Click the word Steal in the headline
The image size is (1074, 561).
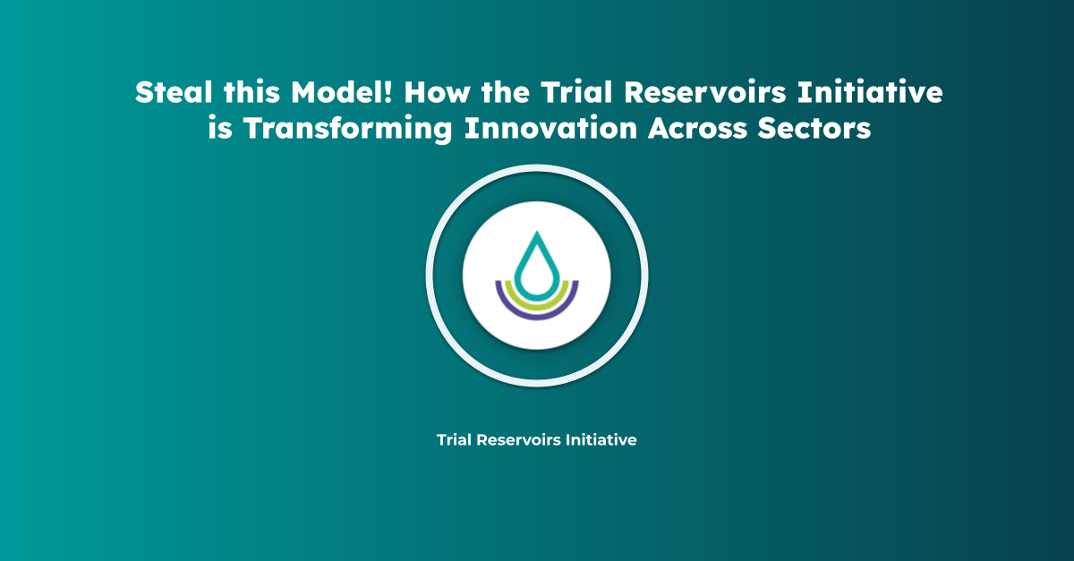click(x=174, y=91)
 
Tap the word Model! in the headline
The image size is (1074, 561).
click(x=342, y=91)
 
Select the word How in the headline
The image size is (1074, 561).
click(x=437, y=91)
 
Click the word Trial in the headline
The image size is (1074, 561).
click(x=576, y=91)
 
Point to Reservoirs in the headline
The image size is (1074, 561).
click(x=705, y=91)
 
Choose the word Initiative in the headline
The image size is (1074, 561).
click(x=870, y=91)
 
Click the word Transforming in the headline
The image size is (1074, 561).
click(x=347, y=128)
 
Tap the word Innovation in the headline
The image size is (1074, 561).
click(x=550, y=128)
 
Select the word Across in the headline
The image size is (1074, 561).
click(x=697, y=128)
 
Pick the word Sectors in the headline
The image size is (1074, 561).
click(x=814, y=128)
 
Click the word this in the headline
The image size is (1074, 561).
click(x=251, y=91)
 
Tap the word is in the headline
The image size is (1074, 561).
click(x=220, y=128)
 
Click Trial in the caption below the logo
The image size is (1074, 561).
click(x=454, y=439)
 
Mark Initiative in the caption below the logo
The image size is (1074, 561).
click(x=601, y=439)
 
